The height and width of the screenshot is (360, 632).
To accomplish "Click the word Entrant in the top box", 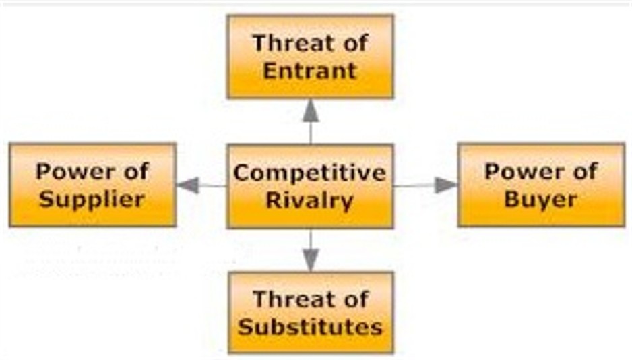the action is [x=310, y=70].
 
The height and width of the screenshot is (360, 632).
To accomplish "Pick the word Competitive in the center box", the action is [x=310, y=173].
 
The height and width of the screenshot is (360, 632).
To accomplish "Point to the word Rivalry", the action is [x=310, y=200].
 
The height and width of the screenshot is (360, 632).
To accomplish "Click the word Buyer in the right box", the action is [x=541, y=199].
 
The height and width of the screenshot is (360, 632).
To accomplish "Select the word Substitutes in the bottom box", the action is [x=310, y=326].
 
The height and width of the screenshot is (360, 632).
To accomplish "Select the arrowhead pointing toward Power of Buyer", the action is [x=445, y=185].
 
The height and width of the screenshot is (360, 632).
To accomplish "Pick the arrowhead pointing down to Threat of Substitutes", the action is [x=310, y=260].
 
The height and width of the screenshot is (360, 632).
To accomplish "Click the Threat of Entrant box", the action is [x=310, y=57].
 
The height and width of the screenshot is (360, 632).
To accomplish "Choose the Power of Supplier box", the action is [x=92, y=184].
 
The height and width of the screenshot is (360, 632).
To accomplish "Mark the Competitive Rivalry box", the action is [x=310, y=186].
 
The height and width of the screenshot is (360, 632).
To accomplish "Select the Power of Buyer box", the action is [x=541, y=184].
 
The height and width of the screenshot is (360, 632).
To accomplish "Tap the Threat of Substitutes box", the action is [x=310, y=312].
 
